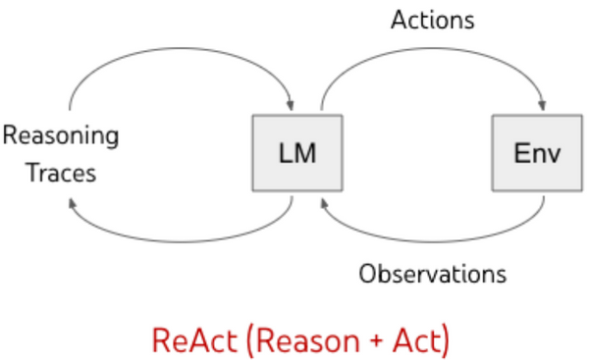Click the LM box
(x=297, y=153)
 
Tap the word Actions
(x=433, y=20)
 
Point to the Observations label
(x=433, y=273)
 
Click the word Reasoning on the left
(x=61, y=135)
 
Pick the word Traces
(x=61, y=173)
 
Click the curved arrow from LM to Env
(x=433, y=49)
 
